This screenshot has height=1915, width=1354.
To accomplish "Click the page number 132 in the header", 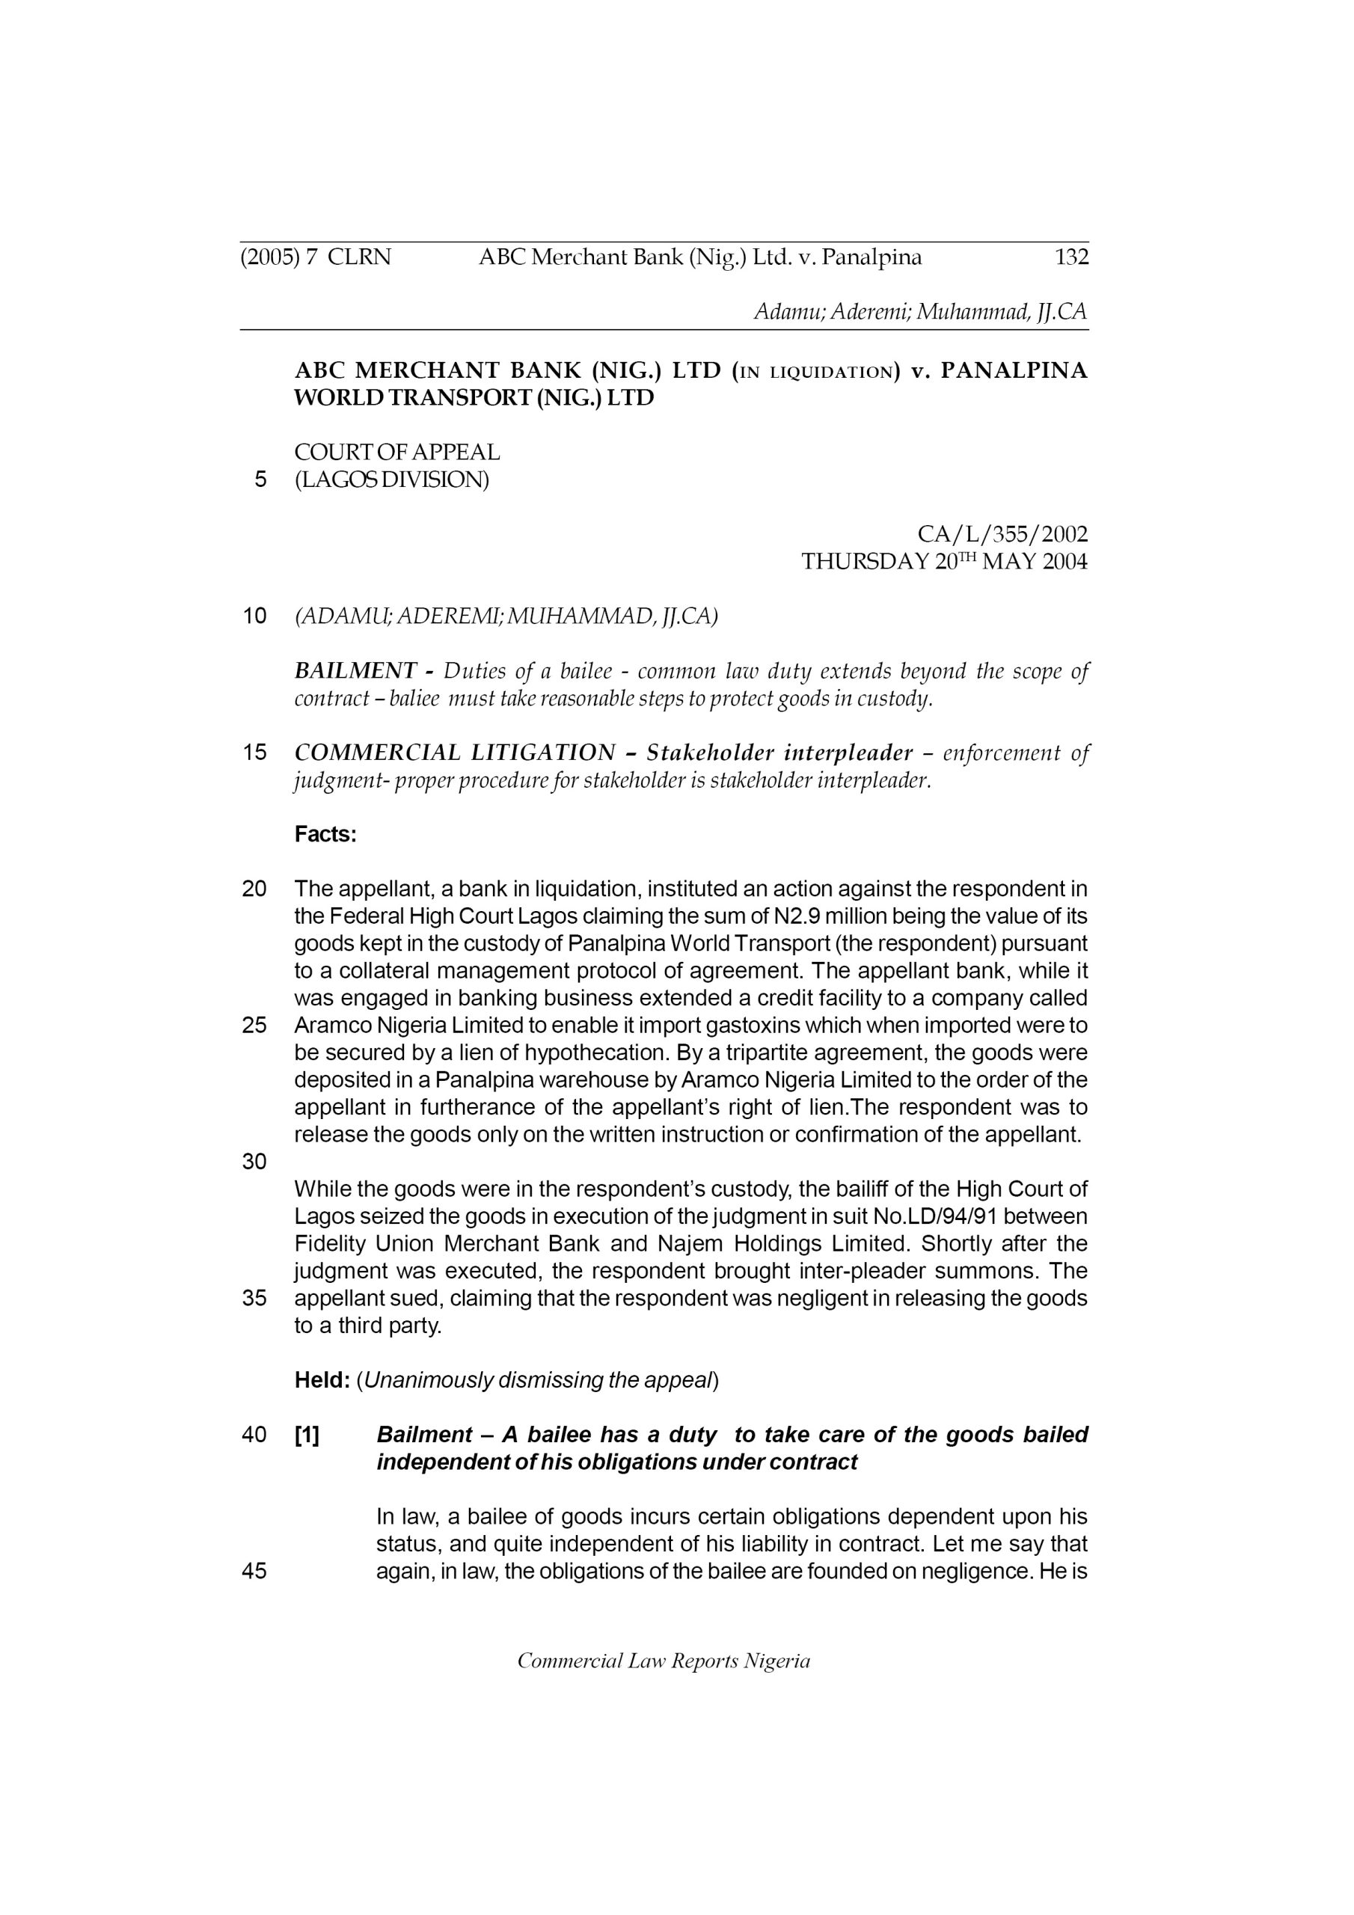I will [x=1071, y=257].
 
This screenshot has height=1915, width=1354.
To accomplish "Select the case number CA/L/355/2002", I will [x=1002, y=534].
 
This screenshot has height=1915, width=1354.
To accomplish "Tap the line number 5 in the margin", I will [x=260, y=479].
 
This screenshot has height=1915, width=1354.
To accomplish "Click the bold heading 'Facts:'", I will [x=325, y=834].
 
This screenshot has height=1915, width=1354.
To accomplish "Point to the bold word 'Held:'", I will [x=321, y=1380].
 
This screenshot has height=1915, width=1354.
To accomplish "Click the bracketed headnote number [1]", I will [x=306, y=1435].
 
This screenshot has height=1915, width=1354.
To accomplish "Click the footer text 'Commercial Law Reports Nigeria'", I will [x=664, y=1661].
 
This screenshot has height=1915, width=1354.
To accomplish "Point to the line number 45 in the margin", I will [x=254, y=1572].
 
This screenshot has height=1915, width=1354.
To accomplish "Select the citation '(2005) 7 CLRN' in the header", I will [x=316, y=257].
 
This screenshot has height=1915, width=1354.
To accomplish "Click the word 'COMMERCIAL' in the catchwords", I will [x=376, y=753].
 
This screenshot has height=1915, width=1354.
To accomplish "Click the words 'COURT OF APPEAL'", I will [x=397, y=452].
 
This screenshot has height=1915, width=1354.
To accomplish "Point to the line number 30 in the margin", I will [x=254, y=1162].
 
